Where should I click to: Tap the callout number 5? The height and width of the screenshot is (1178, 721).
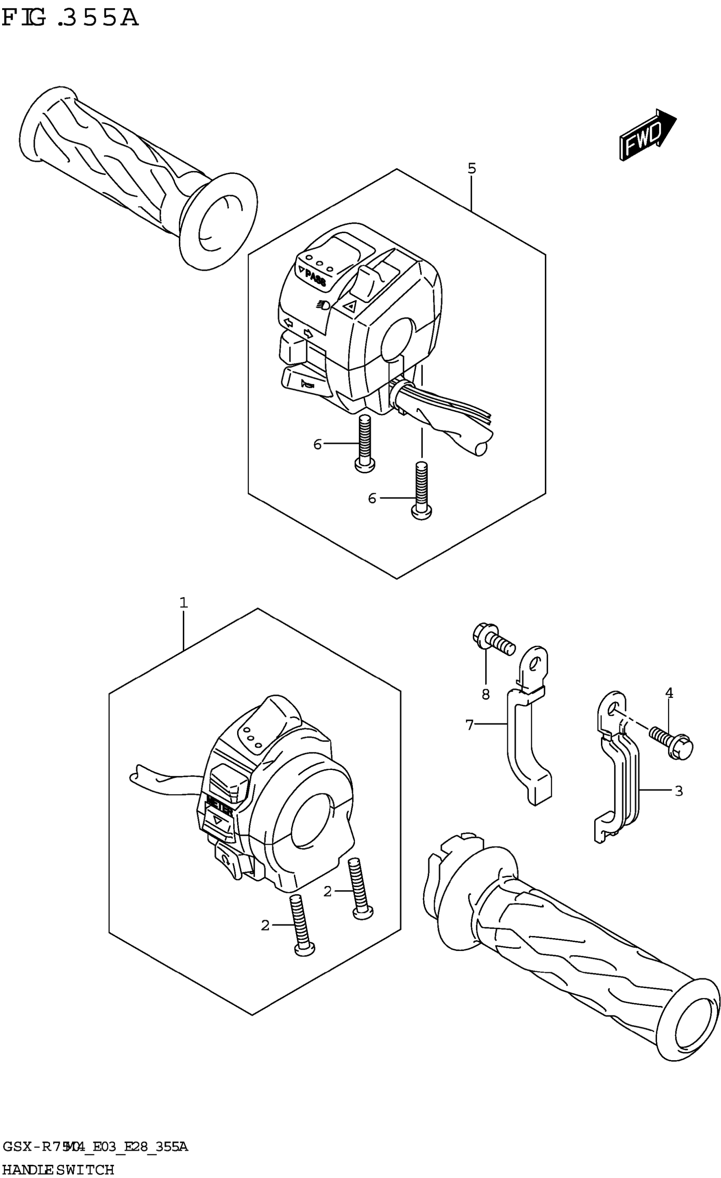point(472,168)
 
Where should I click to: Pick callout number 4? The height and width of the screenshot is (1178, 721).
point(669,693)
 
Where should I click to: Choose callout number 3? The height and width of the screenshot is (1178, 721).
point(679,791)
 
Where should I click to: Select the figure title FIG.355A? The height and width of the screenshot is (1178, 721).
point(70,18)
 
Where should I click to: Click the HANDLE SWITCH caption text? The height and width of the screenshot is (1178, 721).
point(57,1170)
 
